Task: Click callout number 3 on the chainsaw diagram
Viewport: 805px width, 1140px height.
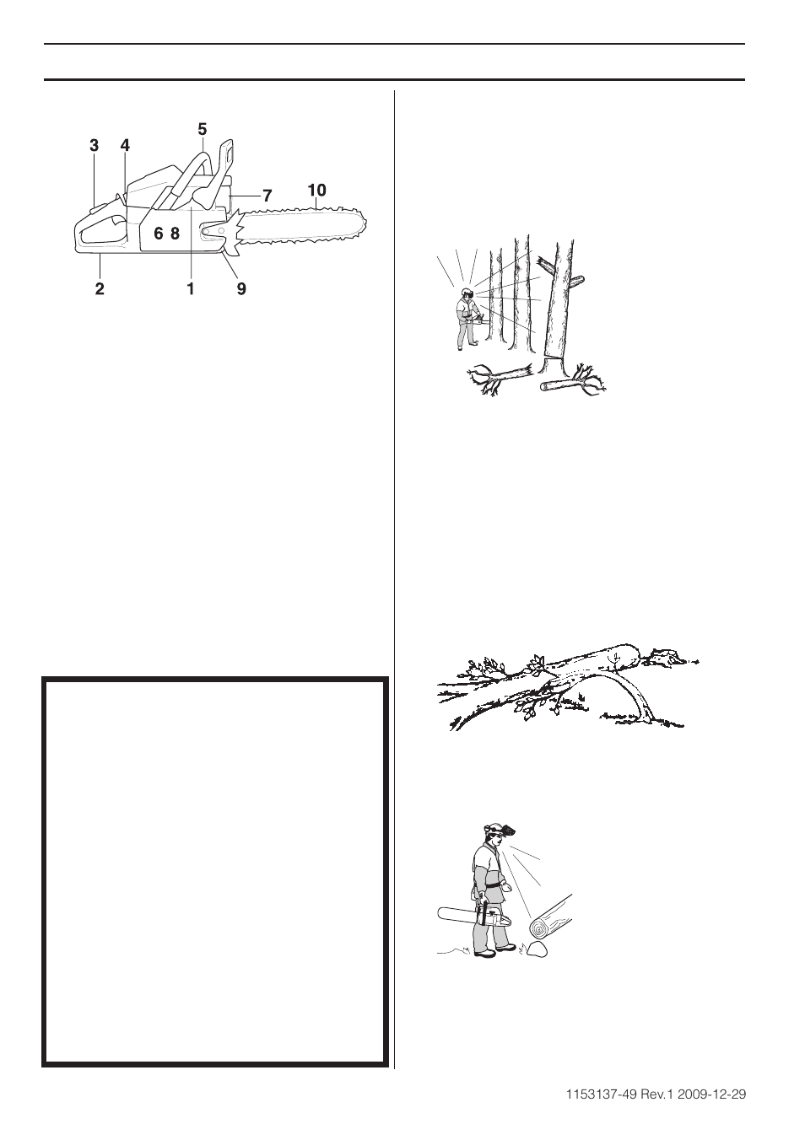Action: [94, 146]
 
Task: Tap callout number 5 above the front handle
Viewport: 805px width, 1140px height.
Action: [202, 129]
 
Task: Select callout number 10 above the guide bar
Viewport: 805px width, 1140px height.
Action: [316, 191]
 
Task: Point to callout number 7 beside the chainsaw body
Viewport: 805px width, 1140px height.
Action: [267, 196]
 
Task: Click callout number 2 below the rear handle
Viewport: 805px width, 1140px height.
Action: [100, 288]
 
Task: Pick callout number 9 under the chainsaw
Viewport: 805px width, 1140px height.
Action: [241, 288]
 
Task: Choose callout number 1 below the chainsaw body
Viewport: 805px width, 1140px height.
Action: [191, 288]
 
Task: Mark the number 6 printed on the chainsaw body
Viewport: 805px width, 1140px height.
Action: [158, 234]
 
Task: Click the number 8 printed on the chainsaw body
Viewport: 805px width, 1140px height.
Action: [175, 234]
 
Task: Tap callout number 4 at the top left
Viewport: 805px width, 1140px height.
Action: [125, 146]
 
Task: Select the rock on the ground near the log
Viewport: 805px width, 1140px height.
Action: [535, 949]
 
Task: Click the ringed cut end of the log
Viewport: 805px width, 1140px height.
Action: [538, 928]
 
